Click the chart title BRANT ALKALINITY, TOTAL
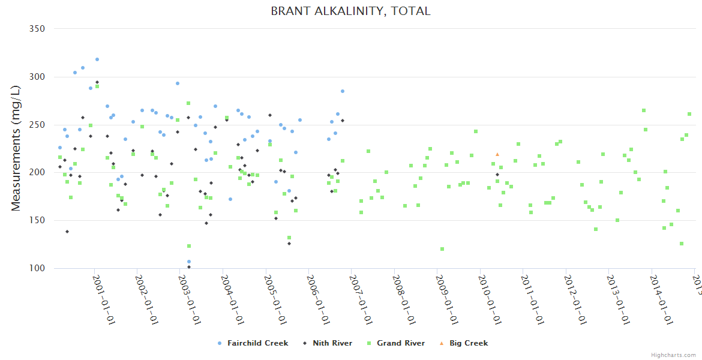[x=350, y=11]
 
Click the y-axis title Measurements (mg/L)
[x=16, y=148]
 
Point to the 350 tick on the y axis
[x=38, y=29]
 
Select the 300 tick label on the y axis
[x=38, y=77]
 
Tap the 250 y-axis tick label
[x=38, y=125]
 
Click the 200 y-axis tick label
[x=38, y=172]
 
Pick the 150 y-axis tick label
[x=38, y=220]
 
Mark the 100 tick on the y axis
[x=38, y=268]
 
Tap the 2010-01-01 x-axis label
[x=489, y=299]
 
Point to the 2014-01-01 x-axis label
[x=661, y=299]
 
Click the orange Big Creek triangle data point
[x=497, y=154]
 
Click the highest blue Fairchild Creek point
[x=97, y=59]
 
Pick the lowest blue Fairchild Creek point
[x=189, y=262]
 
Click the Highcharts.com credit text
[x=673, y=355]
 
